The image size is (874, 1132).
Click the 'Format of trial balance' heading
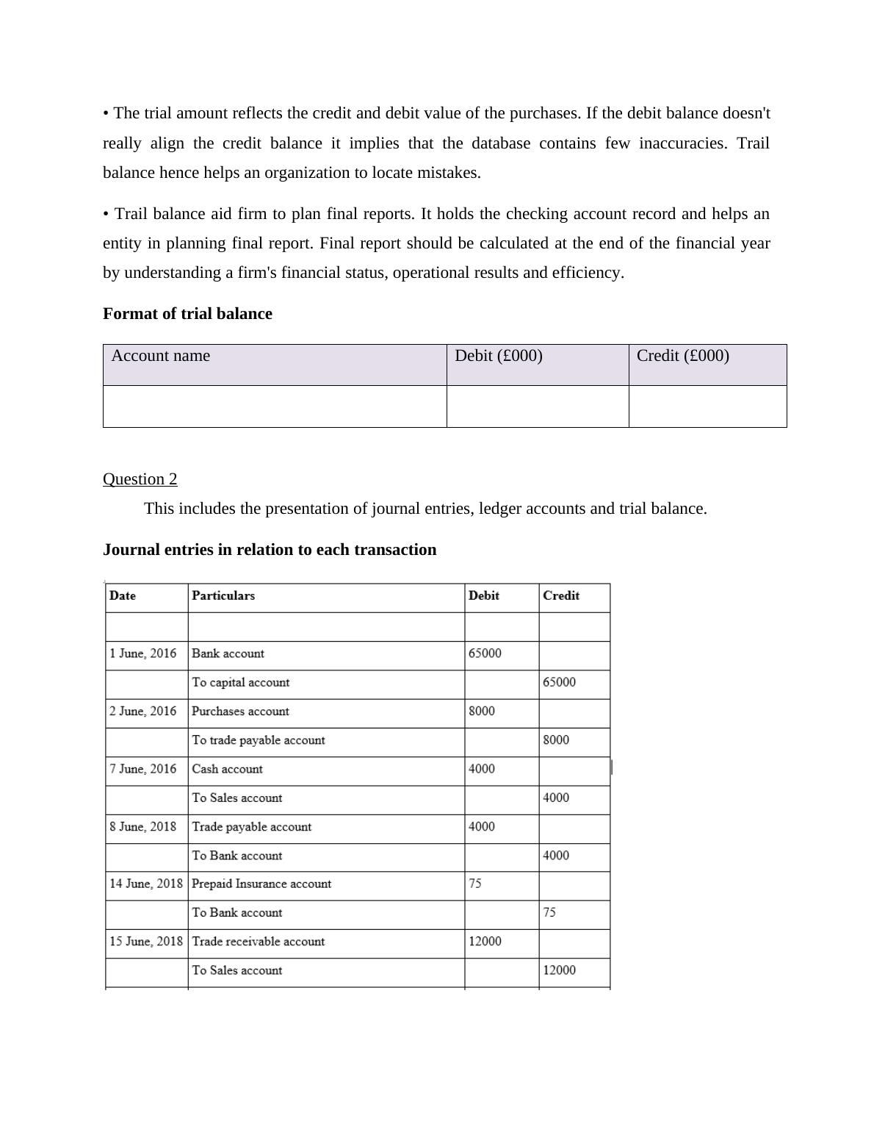(x=187, y=314)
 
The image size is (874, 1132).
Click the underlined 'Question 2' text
(x=140, y=479)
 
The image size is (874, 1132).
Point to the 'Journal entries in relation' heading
(x=270, y=550)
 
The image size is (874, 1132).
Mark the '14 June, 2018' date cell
(x=146, y=884)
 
